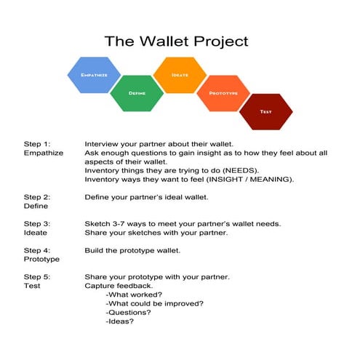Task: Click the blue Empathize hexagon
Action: (x=94, y=75)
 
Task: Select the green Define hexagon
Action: (x=137, y=93)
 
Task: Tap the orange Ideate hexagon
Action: (x=180, y=75)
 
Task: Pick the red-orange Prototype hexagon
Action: (x=223, y=93)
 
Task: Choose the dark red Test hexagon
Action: (x=266, y=111)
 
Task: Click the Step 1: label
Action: (x=37, y=144)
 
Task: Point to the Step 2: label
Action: (x=37, y=197)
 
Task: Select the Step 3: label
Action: (x=37, y=223)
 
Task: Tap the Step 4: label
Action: (x=37, y=250)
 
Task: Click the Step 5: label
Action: (x=37, y=277)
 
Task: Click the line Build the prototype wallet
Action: (x=132, y=250)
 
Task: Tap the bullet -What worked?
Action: (x=134, y=295)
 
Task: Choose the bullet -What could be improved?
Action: (x=153, y=303)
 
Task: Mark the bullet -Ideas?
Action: (x=119, y=321)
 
